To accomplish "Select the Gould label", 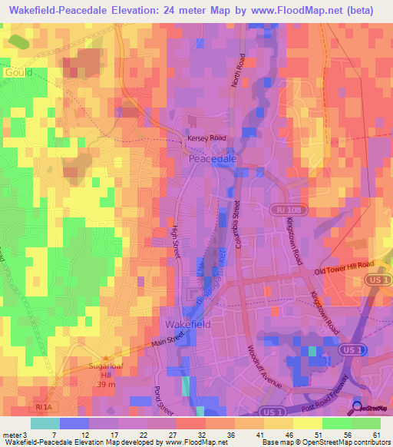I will (x=18, y=72).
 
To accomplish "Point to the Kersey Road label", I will (x=207, y=138).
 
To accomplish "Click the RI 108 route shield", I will (x=283, y=209).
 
